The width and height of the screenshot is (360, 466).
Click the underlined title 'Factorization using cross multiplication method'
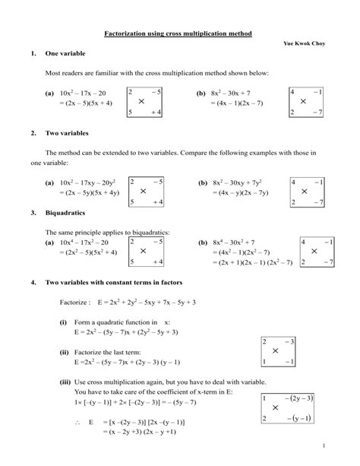[x=178, y=34]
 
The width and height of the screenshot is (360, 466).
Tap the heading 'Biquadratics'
[x=66, y=214]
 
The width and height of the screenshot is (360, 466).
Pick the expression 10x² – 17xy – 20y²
[x=90, y=183]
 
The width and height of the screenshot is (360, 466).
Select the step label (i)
[x=64, y=322]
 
